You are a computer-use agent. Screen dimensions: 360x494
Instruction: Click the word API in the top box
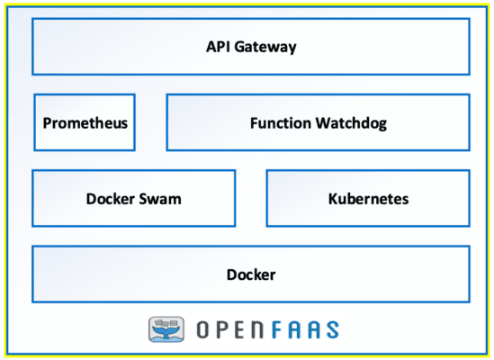point(219,46)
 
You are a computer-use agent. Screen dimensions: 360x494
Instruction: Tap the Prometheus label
point(85,122)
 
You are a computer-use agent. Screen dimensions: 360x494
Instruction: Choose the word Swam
point(162,199)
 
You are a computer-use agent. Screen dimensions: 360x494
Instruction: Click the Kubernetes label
point(368,199)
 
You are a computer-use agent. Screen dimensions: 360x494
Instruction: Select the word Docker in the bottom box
point(251,274)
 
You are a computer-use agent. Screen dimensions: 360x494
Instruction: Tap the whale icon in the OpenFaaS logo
point(166,329)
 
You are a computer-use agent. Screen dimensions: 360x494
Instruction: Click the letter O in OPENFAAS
point(199,329)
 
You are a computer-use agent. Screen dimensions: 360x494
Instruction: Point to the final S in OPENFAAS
point(332,329)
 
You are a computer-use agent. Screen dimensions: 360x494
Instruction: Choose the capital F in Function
point(253,122)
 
